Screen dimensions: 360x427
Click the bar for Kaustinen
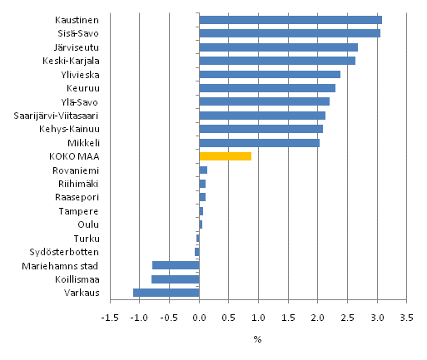pyautogui.click(x=290, y=20)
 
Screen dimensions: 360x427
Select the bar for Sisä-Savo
pyautogui.click(x=289, y=33)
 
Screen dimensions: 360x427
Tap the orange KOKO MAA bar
pyautogui.click(x=225, y=155)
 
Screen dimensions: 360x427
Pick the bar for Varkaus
pyautogui.click(x=166, y=292)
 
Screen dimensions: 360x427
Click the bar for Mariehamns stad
pyautogui.click(x=176, y=265)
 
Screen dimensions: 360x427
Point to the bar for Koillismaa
pyautogui.click(x=175, y=279)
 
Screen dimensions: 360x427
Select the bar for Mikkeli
pyautogui.click(x=259, y=142)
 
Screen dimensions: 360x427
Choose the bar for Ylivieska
pyautogui.click(x=270, y=74)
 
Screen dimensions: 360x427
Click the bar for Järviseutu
pyautogui.click(x=278, y=47)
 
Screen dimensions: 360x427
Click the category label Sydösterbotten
pyautogui.click(x=64, y=252)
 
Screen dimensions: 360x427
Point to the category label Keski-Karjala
pyautogui.click(x=71, y=61)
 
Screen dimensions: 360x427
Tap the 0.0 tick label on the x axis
pyautogui.click(x=199, y=318)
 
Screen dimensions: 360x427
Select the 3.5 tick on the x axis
pyautogui.click(x=406, y=318)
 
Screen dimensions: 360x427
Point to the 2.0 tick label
pyautogui.click(x=317, y=318)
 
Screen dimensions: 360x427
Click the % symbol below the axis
pyautogui.click(x=257, y=339)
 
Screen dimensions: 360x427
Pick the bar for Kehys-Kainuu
pyautogui.click(x=261, y=129)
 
